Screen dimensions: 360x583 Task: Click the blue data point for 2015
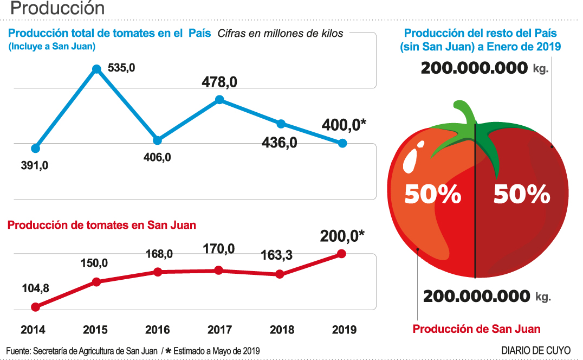tap(96, 69)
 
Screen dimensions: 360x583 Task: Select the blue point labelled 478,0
tap(219, 99)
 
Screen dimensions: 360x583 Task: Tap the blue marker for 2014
tap(36, 148)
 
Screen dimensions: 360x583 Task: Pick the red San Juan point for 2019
tap(342, 253)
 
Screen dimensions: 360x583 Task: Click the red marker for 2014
tap(36, 307)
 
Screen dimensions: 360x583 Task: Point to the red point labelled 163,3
tap(280, 274)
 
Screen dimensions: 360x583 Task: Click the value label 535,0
tap(121, 68)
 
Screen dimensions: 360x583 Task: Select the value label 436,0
tap(279, 143)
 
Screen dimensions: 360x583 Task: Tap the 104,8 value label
tap(36, 288)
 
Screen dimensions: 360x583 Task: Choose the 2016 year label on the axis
tap(158, 330)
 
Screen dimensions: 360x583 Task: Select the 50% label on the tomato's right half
tap(521, 194)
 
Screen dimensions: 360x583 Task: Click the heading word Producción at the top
tap(57, 9)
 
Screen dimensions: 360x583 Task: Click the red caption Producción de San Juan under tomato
tap(476, 329)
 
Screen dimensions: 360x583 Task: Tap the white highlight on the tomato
tap(411, 160)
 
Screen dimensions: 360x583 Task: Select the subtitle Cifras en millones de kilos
tap(280, 34)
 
